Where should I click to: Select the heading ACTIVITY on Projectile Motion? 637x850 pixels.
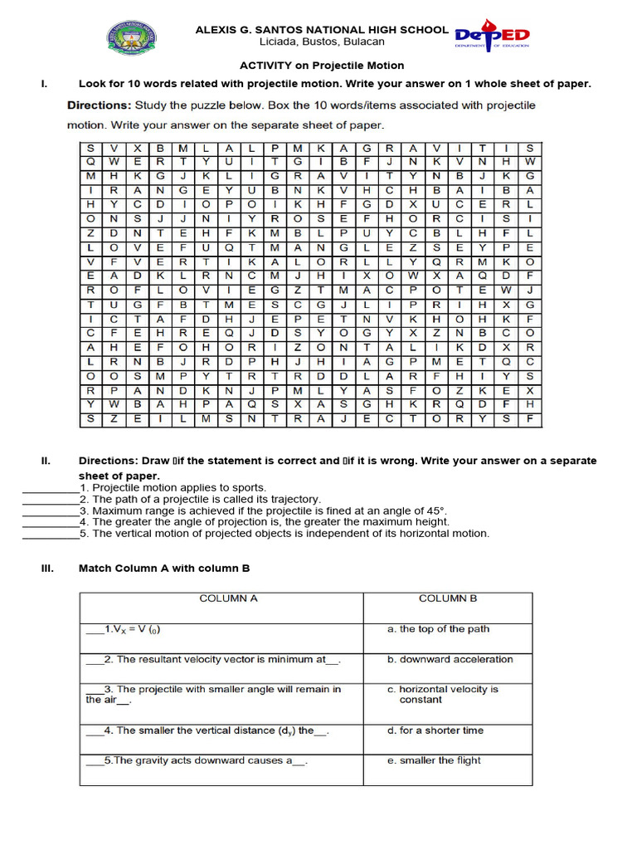coord(322,66)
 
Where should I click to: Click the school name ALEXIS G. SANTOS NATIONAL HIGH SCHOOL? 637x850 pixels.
coord(322,29)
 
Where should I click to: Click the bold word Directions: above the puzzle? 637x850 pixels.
coord(101,105)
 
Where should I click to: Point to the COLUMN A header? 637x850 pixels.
coord(230,598)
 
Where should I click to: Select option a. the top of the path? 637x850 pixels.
coord(438,629)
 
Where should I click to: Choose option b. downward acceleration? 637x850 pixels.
coord(450,660)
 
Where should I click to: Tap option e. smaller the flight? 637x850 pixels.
coord(434,760)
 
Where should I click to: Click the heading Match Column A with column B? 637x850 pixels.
coord(163,569)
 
